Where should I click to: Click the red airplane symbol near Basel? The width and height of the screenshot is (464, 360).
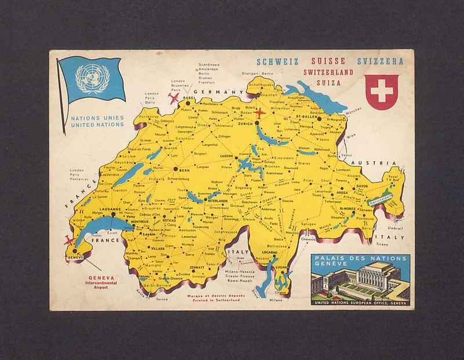(172, 98)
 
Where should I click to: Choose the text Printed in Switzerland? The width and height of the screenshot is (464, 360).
(215, 300)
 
